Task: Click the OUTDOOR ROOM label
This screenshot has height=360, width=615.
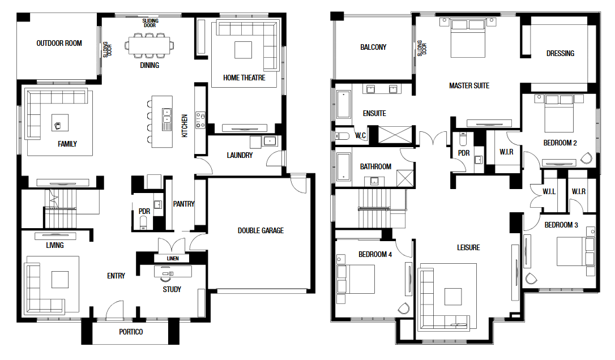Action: pyautogui.click(x=59, y=43)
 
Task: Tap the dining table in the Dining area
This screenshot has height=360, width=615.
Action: pyautogui.click(x=150, y=45)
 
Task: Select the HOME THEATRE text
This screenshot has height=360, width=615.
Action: pyautogui.click(x=244, y=78)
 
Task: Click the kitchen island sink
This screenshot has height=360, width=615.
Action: pyautogui.click(x=167, y=119)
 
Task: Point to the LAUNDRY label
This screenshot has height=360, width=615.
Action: pyautogui.click(x=240, y=155)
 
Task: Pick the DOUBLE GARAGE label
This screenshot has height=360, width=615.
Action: pyautogui.click(x=260, y=230)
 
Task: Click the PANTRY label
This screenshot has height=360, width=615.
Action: pyautogui.click(x=183, y=204)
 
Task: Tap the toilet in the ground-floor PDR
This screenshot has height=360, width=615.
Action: pyautogui.click(x=143, y=223)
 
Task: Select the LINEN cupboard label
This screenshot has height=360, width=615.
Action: pyautogui.click(x=173, y=259)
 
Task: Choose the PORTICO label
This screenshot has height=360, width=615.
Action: pyautogui.click(x=131, y=332)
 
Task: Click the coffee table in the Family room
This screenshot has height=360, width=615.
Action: pyautogui.click(x=60, y=122)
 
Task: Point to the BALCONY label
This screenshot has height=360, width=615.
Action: pyautogui.click(x=373, y=47)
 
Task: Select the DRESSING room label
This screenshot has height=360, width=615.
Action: pyautogui.click(x=560, y=53)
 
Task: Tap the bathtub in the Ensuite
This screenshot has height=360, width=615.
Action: pyautogui.click(x=343, y=104)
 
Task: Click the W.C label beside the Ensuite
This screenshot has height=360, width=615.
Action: pyautogui.click(x=361, y=136)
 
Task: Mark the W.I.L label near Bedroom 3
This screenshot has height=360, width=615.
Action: pyautogui.click(x=549, y=191)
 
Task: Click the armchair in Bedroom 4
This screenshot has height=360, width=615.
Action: pyautogui.click(x=404, y=308)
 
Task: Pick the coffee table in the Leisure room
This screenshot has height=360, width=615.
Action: pyautogui.click(x=453, y=297)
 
